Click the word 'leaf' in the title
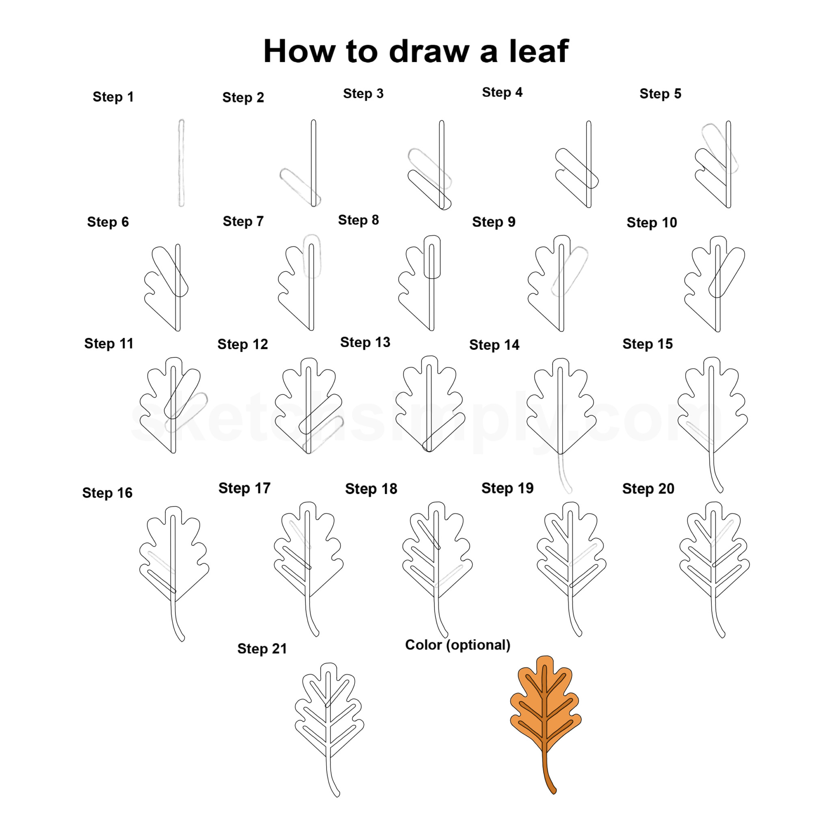pyautogui.click(x=539, y=51)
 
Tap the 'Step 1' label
pyautogui.click(x=113, y=97)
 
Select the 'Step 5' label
pyautogui.click(x=660, y=93)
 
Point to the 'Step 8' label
pyautogui.click(x=358, y=220)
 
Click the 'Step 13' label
pyautogui.click(x=365, y=342)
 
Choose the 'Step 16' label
pyautogui.click(x=107, y=493)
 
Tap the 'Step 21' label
pyautogui.click(x=262, y=648)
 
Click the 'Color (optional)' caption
pyautogui.click(x=458, y=645)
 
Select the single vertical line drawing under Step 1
pyautogui.click(x=181, y=163)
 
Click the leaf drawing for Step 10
pyautogui.click(x=715, y=284)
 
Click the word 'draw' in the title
pyautogui.click(x=429, y=51)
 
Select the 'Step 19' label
pyautogui.click(x=507, y=488)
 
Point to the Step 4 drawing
pyautogui.click(x=577, y=164)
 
